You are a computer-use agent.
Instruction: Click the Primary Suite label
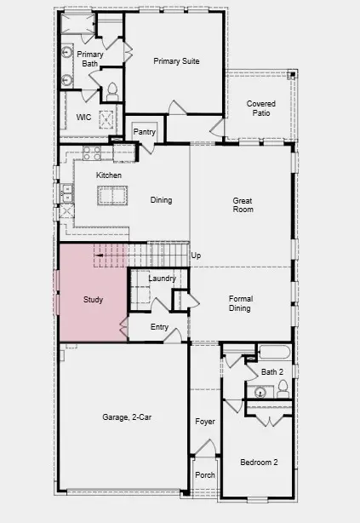point(177,60)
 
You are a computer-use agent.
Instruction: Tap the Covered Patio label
point(261,108)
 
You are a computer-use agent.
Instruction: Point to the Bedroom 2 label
point(259,463)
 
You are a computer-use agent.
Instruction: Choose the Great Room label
point(243,206)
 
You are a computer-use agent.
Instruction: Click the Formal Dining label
point(239,303)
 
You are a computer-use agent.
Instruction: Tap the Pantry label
point(145,132)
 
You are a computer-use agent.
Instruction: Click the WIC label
point(83,117)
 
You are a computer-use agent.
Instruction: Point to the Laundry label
point(162,279)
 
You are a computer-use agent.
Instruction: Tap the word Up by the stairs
point(196,256)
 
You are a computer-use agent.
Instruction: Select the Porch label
point(205,475)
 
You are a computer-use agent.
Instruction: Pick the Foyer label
point(205,422)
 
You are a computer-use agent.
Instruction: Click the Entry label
point(159,327)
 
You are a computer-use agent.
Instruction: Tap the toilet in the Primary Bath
point(111,90)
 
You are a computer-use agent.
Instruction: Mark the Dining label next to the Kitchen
point(161,201)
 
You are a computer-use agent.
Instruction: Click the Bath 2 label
point(271,372)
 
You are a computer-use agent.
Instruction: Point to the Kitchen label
point(108,175)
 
